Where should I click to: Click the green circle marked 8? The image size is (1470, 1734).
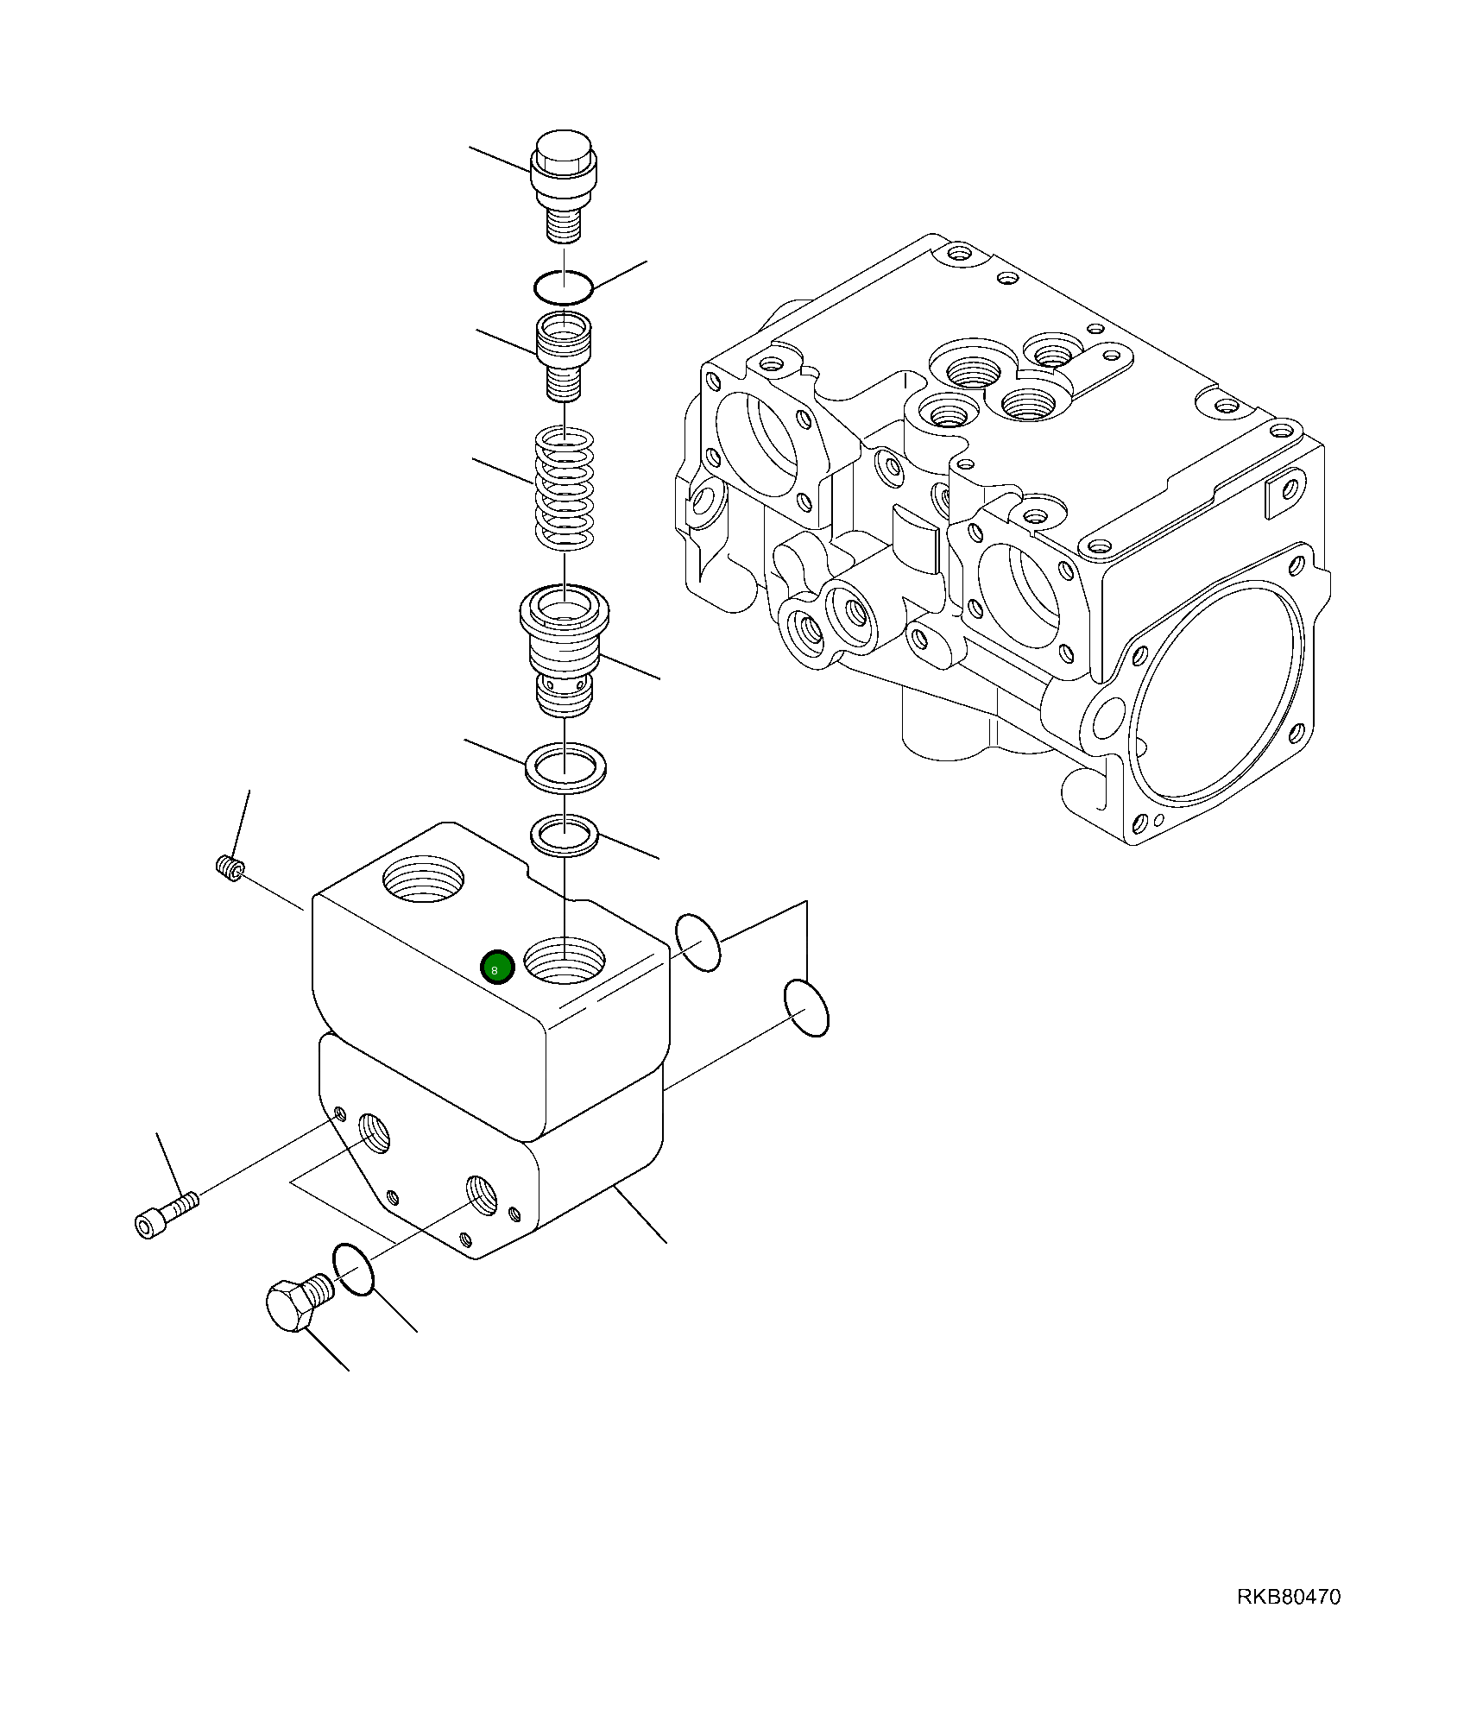pyautogui.click(x=496, y=968)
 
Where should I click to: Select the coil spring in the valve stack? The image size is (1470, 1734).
pyautogui.click(x=565, y=489)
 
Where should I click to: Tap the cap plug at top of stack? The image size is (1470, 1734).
pyautogui.click(x=564, y=186)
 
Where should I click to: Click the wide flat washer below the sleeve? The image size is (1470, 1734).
pyautogui.click(x=565, y=765)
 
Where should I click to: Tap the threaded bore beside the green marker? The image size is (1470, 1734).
pyautogui.click(x=565, y=960)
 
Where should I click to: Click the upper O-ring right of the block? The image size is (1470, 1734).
pyautogui.click(x=697, y=942)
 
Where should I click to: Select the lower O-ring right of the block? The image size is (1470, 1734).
pyautogui.click(x=806, y=1008)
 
